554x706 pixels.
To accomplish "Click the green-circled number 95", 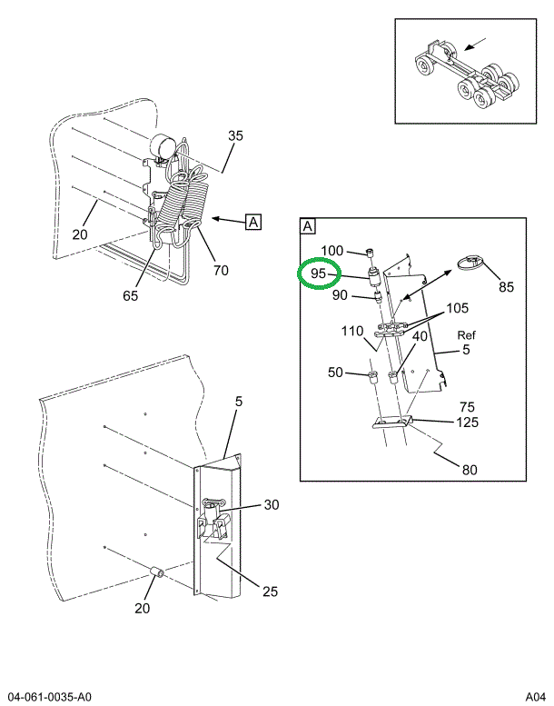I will (319, 273).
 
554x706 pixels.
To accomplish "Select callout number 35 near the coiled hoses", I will (235, 136).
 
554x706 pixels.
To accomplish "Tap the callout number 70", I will (220, 269).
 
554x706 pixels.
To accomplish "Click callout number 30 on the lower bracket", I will (272, 505).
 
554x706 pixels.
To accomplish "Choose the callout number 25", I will (270, 592).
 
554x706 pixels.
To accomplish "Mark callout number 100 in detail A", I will (332, 251).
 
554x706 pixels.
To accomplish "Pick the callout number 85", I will (506, 287).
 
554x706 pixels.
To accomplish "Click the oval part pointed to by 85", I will (470, 264).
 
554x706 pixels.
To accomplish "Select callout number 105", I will (458, 308).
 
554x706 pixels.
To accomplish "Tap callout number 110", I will (352, 331).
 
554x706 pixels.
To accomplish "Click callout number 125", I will (468, 422).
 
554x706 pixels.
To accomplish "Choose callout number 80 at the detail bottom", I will (469, 470).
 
